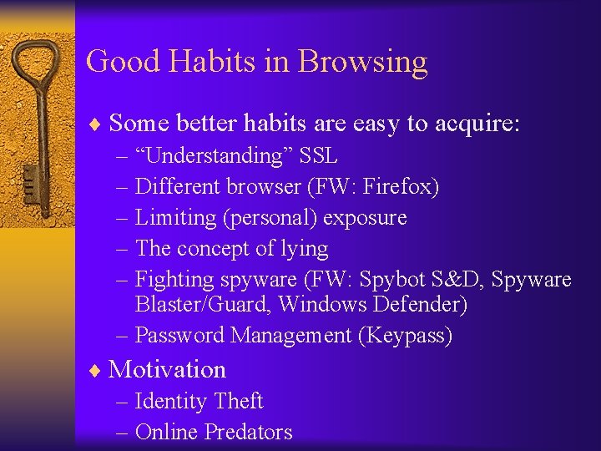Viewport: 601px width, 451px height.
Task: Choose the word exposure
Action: click(365, 217)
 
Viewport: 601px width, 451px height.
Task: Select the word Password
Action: click(179, 335)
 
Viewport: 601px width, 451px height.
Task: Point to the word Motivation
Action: click(167, 369)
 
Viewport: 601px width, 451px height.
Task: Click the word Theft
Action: click(238, 401)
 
